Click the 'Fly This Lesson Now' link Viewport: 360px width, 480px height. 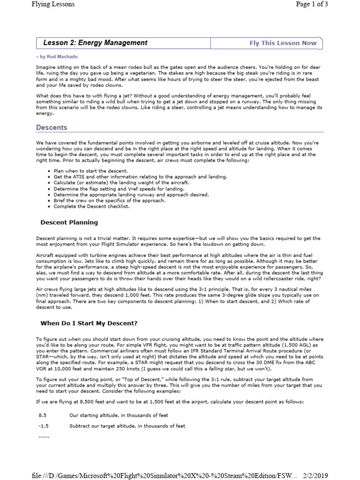click(x=283, y=43)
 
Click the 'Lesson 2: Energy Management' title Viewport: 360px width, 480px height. click(x=95, y=43)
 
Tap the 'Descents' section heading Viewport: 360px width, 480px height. click(x=52, y=127)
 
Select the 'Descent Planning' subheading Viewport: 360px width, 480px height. click(x=69, y=222)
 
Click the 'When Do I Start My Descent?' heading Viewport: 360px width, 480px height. click(x=89, y=323)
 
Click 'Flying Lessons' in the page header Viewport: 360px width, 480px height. click(x=53, y=5)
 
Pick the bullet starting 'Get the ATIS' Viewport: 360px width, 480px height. click(x=134, y=177)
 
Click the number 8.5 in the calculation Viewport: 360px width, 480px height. click(x=43, y=415)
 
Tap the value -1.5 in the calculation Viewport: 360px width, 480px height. click(x=43, y=426)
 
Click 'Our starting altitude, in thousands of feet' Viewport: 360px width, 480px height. click(x=119, y=415)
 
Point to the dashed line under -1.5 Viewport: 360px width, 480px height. click(x=43, y=436)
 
